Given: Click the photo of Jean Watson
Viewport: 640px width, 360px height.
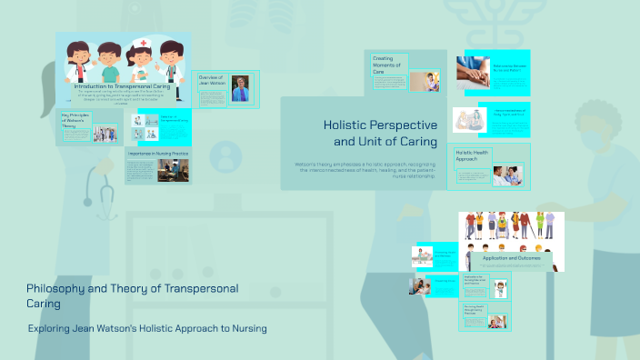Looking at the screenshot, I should [x=241, y=88].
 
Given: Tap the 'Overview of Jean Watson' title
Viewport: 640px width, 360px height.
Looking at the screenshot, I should [x=212, y=82].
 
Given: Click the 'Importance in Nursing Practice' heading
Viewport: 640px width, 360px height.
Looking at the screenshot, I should [x=157, y=155].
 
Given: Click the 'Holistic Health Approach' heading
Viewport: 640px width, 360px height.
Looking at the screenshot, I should [x=473, y=155].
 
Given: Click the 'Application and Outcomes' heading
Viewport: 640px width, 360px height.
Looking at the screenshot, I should [x=511, y=258].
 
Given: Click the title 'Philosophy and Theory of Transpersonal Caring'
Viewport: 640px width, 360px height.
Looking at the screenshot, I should [x=133, y=295].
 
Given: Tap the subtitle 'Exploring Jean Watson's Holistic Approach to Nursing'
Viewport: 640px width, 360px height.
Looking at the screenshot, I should [x=147, y=328].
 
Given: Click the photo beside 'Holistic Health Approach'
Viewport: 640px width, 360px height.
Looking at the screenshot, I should [x=507, y=175].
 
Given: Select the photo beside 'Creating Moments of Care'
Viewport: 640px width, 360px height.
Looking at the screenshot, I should [x=424, y=82].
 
